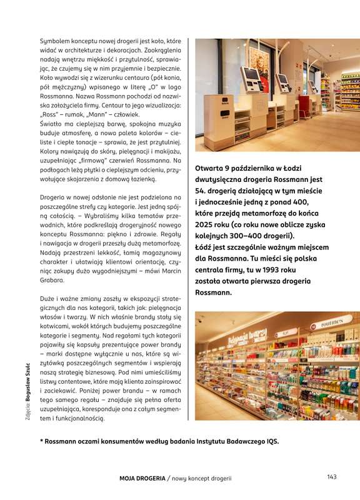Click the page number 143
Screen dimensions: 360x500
coord(331,477)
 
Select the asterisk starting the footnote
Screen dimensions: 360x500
coord(41,442)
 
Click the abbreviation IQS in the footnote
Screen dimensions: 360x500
coord(271,442)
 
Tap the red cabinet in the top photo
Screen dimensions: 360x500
coord(304,106)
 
